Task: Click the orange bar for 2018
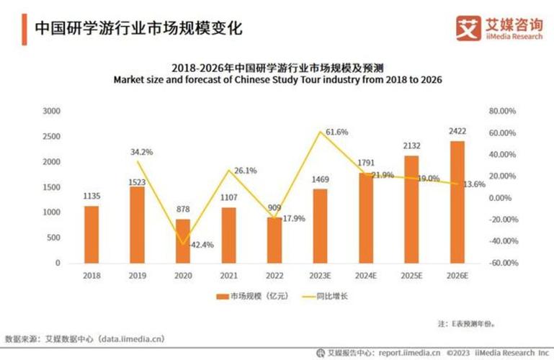click(x=91, y=234)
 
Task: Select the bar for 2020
click(x=183, y=240)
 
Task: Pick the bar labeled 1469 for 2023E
click(x=320, y=225)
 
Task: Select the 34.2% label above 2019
click(x=141, y=153)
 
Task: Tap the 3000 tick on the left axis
click(x=51, y=112)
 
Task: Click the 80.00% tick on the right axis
click(x=504, y=112)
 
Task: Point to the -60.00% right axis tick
click(x=504, y=263)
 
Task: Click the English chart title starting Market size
click(x=277, y=79)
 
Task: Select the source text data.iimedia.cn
click(x=128, y=338)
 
